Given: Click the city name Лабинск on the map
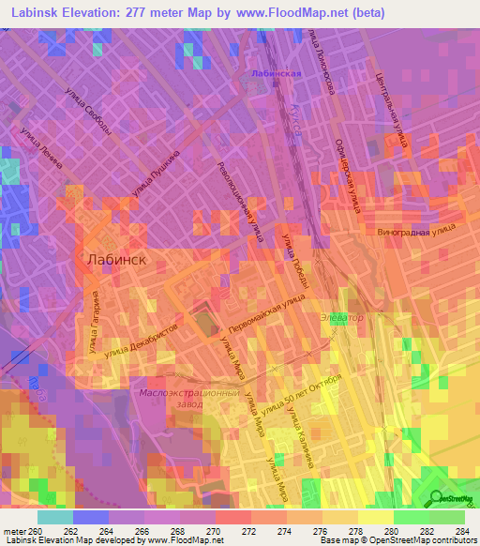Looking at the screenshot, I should (115, 260).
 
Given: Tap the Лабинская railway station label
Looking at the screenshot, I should (276, 73).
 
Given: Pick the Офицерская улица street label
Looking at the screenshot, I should (348, 176).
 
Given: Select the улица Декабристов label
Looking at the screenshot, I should (141, 341).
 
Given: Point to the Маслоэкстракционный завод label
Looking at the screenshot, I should (179, 400).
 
